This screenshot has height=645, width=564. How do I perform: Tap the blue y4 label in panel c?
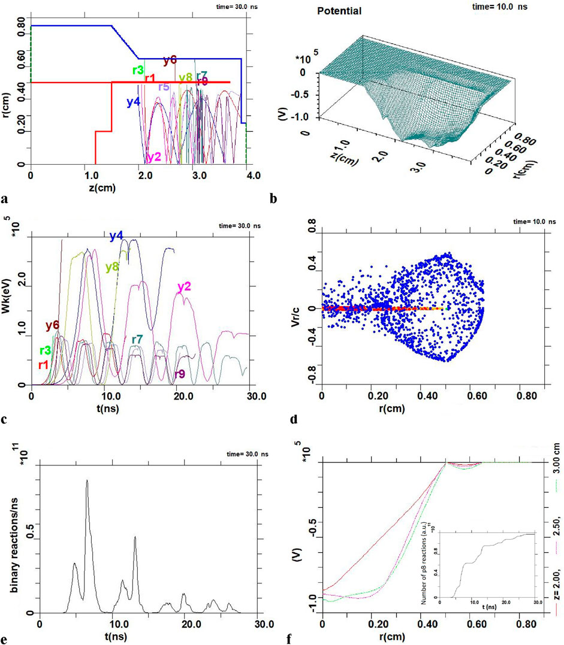coord(116,236)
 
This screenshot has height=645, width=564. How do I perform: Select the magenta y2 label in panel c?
coord(183,288)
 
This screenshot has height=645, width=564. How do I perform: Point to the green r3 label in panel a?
coord(138,69)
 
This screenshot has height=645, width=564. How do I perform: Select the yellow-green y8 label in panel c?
coord(112,267)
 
